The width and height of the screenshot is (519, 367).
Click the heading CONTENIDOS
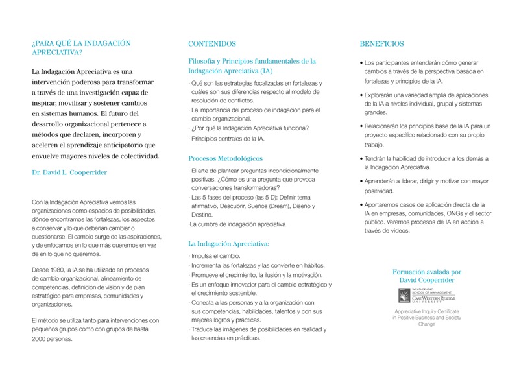click(211, 44)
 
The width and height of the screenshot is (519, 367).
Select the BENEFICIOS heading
click(381, 44)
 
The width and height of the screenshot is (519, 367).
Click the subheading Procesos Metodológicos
click(225, 158)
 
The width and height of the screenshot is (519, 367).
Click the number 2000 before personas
click(41, 339)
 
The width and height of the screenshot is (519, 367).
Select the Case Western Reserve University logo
click(426, 296)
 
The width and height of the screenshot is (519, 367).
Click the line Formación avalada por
click(427, 272)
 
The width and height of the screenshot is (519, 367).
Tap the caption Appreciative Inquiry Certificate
click(427, 312)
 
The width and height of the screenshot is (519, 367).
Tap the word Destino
click(202, 215)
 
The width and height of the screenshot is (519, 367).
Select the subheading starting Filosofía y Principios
click(252, 61)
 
